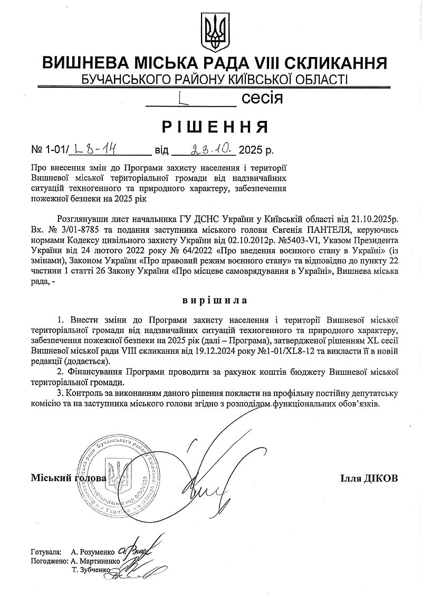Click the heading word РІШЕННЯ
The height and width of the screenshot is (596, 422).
point(215,127)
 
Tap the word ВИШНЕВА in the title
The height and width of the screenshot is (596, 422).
point(87,63)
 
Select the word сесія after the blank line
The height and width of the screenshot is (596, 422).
point(262,98)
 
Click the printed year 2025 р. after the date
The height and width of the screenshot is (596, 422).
point(256,151)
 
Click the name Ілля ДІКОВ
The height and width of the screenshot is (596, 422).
point(369,478)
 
